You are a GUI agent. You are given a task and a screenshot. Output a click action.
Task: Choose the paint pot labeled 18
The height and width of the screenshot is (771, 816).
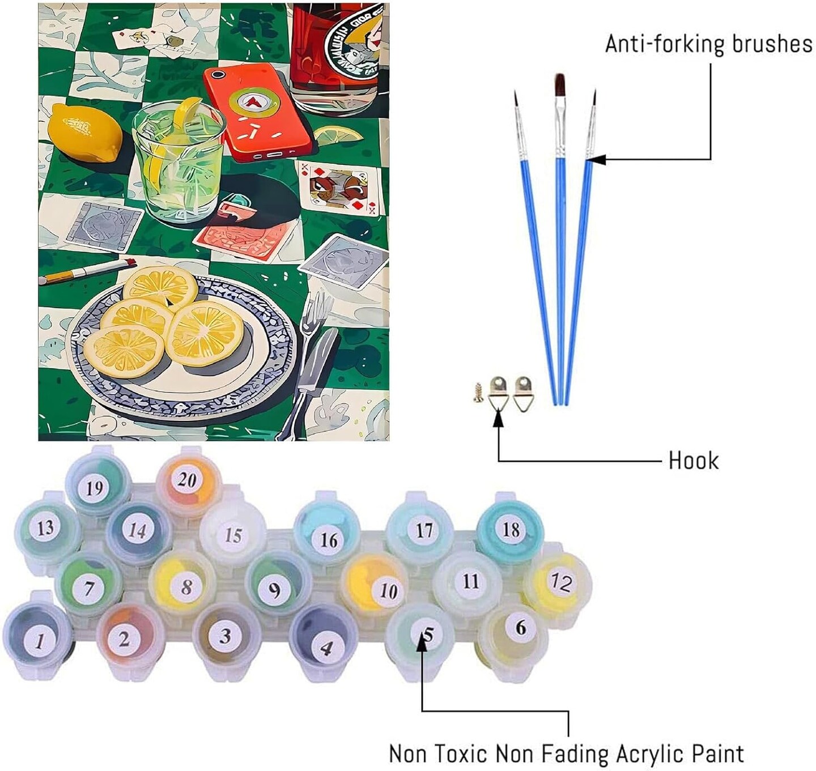pos(510,530)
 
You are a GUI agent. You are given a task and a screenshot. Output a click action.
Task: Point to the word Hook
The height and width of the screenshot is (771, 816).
pos(693,461)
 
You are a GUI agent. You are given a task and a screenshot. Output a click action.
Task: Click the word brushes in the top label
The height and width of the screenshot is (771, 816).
pos(772,44)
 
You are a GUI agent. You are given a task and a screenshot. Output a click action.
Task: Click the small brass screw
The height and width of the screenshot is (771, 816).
pos(478,392)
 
